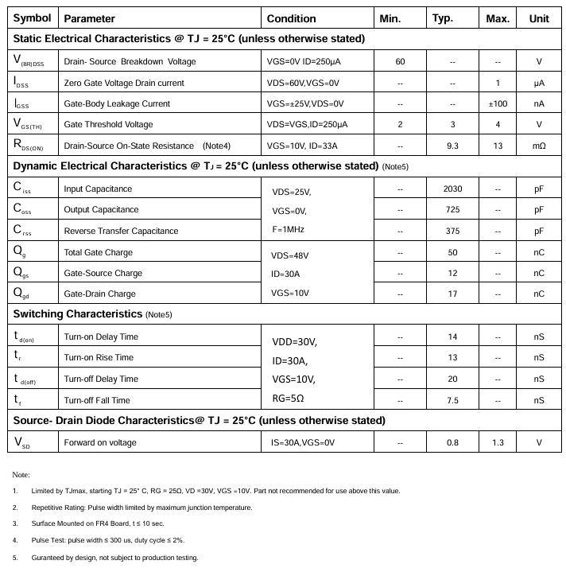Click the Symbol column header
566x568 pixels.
point(33,18)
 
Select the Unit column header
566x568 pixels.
point(538,18)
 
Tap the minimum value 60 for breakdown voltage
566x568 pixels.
point(400,62)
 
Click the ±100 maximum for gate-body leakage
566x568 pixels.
point(497,103)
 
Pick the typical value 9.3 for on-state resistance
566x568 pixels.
point(452,146)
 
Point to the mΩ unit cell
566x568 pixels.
point(538,146)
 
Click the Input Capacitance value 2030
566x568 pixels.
point(452,189)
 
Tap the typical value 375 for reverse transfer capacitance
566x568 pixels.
point(452,231)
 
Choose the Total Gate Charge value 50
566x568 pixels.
point(452,252)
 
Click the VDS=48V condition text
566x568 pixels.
point(289,255)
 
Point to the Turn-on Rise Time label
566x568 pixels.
point(100,357)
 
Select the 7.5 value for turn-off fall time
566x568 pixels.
point(452,400)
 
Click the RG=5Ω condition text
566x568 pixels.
point(289,397)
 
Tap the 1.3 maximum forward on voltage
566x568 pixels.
point(497,442)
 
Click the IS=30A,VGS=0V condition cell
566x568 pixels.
point(301,442)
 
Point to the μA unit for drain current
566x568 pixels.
point(538,83)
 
